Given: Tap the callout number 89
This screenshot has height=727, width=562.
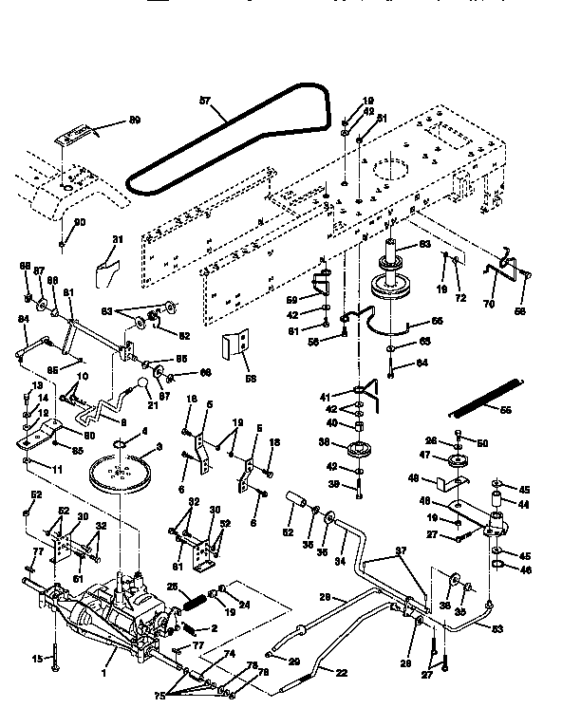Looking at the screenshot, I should click(x=134, y=121).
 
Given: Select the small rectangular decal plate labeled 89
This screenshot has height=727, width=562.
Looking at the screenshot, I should click(x=73, y=137).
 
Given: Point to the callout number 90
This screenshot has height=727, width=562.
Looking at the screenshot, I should click(x=79, y=222).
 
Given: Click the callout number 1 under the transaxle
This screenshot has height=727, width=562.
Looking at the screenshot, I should click(x=115, y=655).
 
